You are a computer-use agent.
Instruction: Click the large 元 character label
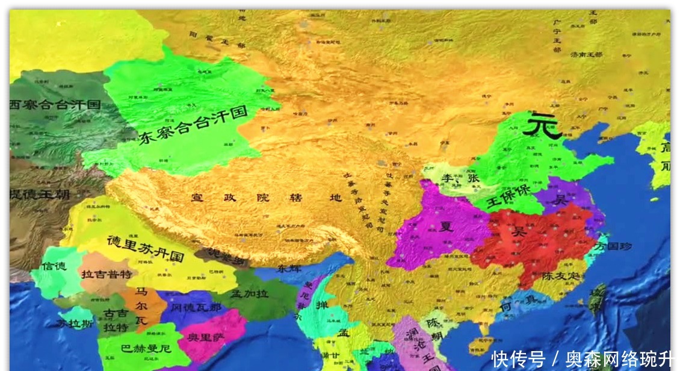[541, 126]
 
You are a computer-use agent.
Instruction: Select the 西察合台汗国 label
[55, 104]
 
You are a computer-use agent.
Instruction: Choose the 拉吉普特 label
[105, 274]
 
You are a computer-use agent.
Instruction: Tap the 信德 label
[54, 266]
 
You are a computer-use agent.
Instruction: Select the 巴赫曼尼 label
[146, 348]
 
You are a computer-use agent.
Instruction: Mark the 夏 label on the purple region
[446, 227]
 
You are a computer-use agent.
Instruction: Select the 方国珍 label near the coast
[614, 246]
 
